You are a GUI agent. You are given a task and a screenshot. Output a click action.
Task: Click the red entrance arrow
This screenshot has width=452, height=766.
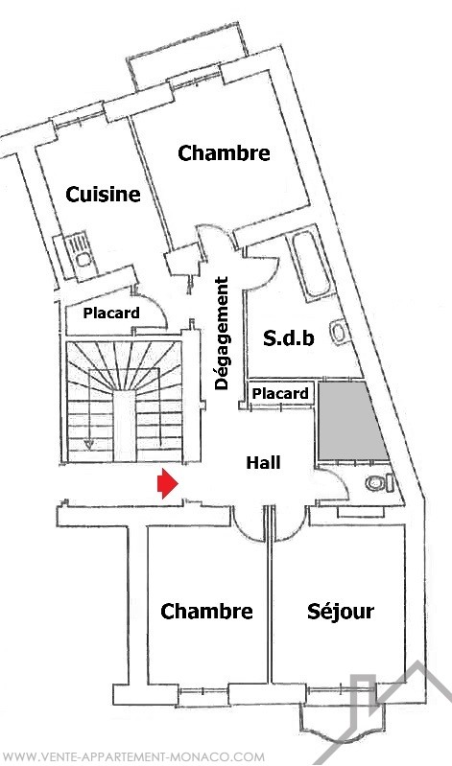pos(167,483)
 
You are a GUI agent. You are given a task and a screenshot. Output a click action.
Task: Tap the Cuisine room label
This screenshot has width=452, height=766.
pos(103,195)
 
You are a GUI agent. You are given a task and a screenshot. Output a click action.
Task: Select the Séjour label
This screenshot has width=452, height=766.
pos(341,612)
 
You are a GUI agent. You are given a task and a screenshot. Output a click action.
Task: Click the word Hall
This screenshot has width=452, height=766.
pos(263,462)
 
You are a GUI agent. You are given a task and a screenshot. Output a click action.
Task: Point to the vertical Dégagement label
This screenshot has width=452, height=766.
pos(222,334)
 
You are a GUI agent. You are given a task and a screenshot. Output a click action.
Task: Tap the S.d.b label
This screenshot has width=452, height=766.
pos(289,338)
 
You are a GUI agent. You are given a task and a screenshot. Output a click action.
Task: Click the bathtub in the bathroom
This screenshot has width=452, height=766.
pos(310,264)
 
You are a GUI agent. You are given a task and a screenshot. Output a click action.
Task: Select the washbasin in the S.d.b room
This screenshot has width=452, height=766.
pos(338,333)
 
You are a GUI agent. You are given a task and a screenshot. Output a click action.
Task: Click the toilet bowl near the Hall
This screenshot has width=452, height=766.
pos(380,483)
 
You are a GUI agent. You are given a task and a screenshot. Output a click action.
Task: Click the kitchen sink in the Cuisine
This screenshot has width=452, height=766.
pos(78,250)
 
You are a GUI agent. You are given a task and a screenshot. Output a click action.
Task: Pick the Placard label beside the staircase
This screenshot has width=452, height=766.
pos(111,313)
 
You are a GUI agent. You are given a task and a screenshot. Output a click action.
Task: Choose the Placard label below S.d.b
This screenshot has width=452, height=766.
pos(281,393)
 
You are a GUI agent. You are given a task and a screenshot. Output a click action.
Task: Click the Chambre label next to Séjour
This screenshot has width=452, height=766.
pos(206,612)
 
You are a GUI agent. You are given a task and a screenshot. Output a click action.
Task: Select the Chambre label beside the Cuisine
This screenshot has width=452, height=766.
pos(224,153)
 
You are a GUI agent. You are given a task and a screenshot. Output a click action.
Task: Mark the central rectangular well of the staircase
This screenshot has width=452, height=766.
pos(124,425)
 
